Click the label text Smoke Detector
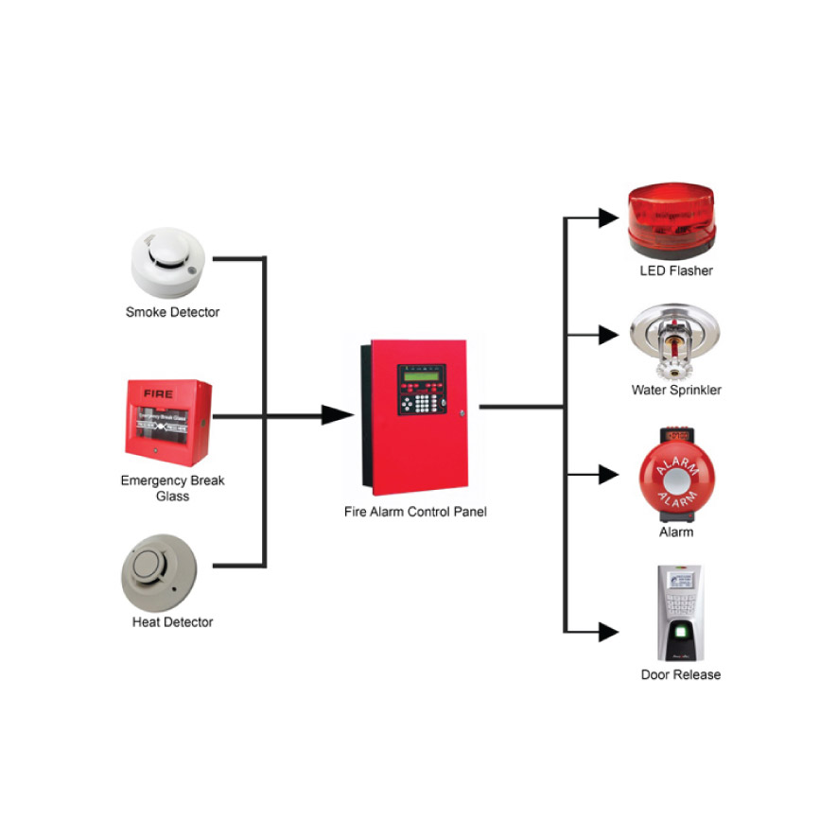pyautogui.click(x=172, y=312)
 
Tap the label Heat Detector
pyautogui.click(x=172, y=622)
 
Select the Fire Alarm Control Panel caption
pyautogui.click(x=415, y=512)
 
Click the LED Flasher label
pyautogui.click(x=675, y=271)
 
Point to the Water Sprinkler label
pyautogui.click(x=675, y=390)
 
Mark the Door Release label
pyautogui.click(x=680, y=674)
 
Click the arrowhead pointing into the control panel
pyautogui.click(x=337, y=415)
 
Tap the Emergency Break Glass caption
pyautogui.click(x=172, y=488)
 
